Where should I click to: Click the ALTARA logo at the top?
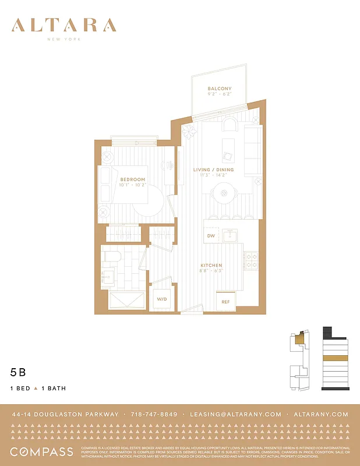coord(64,26)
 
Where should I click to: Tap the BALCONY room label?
coord(219,89)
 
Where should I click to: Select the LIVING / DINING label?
coord(213,170)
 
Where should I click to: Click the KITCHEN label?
coord(211,265)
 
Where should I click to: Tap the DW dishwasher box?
coord(211,236)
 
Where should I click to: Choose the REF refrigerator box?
coord(225,302)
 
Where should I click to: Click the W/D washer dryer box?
coord(160,299)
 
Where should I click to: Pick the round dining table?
coord(223,193)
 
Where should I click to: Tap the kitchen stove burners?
coord(250,260)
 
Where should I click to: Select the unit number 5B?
coord(18,371)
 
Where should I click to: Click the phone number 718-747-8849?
coord(154,414)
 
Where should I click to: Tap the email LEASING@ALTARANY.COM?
coord(235,414)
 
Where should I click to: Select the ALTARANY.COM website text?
coord(322,414)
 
